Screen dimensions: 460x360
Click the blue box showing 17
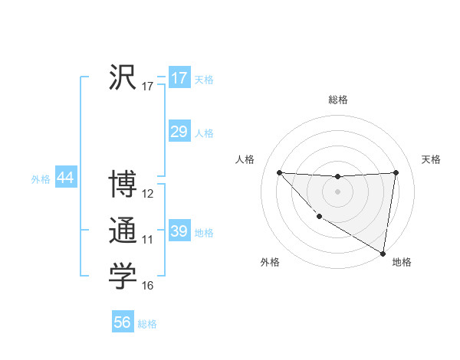(x=179, y=78)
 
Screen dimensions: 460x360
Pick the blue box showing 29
(x=179, y=132)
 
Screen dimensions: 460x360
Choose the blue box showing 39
(x=179, y=231)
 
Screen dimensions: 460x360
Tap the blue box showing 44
(x=65, y=178)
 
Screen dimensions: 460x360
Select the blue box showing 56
(x=123, y=322)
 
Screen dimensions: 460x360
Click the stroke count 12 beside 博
(x=148, y=194)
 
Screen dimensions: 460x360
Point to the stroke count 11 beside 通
(x=148, y=240)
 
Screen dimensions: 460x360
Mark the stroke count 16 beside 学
(x=148, y=286)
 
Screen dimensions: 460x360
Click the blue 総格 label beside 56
(x=147, y=324)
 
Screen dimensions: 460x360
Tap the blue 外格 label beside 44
(x=41, y=179)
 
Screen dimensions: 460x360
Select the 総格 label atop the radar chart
(x=338, y=100)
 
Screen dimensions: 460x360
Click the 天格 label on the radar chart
(x=432, y=159)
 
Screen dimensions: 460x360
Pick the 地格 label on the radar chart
(x=402, y=262)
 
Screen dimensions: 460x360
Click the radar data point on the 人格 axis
(x=279, y=172)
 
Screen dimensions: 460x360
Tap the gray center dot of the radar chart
(x=337, y=191)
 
